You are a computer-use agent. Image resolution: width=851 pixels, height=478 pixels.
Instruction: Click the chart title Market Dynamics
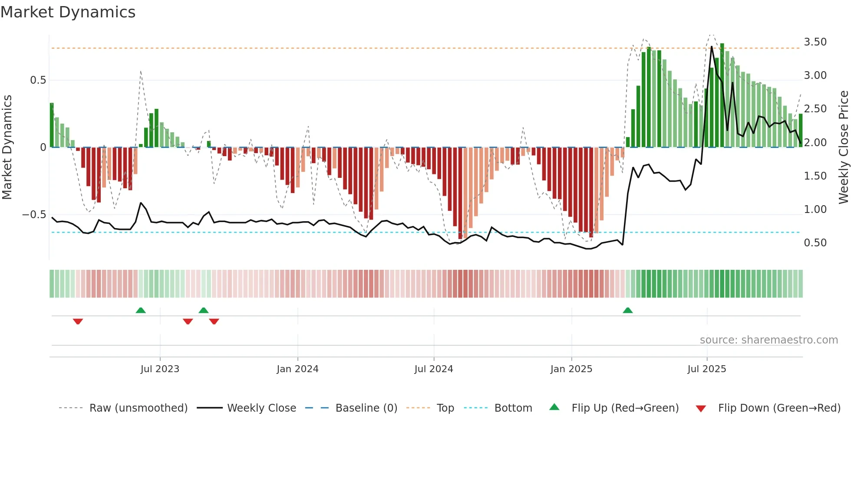click(x=68, y=12)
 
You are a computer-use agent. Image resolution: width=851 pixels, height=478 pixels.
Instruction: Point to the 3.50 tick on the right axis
click(x=815, y=42)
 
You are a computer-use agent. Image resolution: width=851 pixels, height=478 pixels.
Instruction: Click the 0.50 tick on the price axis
click(x=815, y=243)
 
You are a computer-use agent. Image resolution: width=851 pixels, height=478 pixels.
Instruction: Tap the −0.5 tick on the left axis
click(x=34, y=215)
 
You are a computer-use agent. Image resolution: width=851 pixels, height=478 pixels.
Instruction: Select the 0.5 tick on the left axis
click(x=38, y=80)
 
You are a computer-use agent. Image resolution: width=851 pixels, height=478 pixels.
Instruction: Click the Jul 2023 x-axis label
click(x=160, y=369)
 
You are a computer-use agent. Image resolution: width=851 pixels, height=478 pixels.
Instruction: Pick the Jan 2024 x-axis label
click(x=297, y=369)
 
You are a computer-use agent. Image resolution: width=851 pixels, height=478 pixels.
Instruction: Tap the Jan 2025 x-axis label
click(x=571, y=369)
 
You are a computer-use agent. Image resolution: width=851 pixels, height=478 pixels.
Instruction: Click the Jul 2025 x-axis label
click(x=706, y=369)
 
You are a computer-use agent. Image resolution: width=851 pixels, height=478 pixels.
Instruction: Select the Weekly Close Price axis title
click(x=843, y=147)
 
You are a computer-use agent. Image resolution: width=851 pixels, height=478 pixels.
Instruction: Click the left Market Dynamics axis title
click(x=7, y=147)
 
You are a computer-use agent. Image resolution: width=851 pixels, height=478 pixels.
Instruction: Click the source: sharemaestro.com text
click(x=769, y=340)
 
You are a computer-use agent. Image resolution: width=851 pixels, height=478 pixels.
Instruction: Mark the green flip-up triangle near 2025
click(x=627, y=311)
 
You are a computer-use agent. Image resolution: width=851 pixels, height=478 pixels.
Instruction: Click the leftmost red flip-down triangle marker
click(x=78, y=321)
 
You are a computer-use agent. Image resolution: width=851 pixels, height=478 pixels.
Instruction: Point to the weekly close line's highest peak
click(x=712, y=46)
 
